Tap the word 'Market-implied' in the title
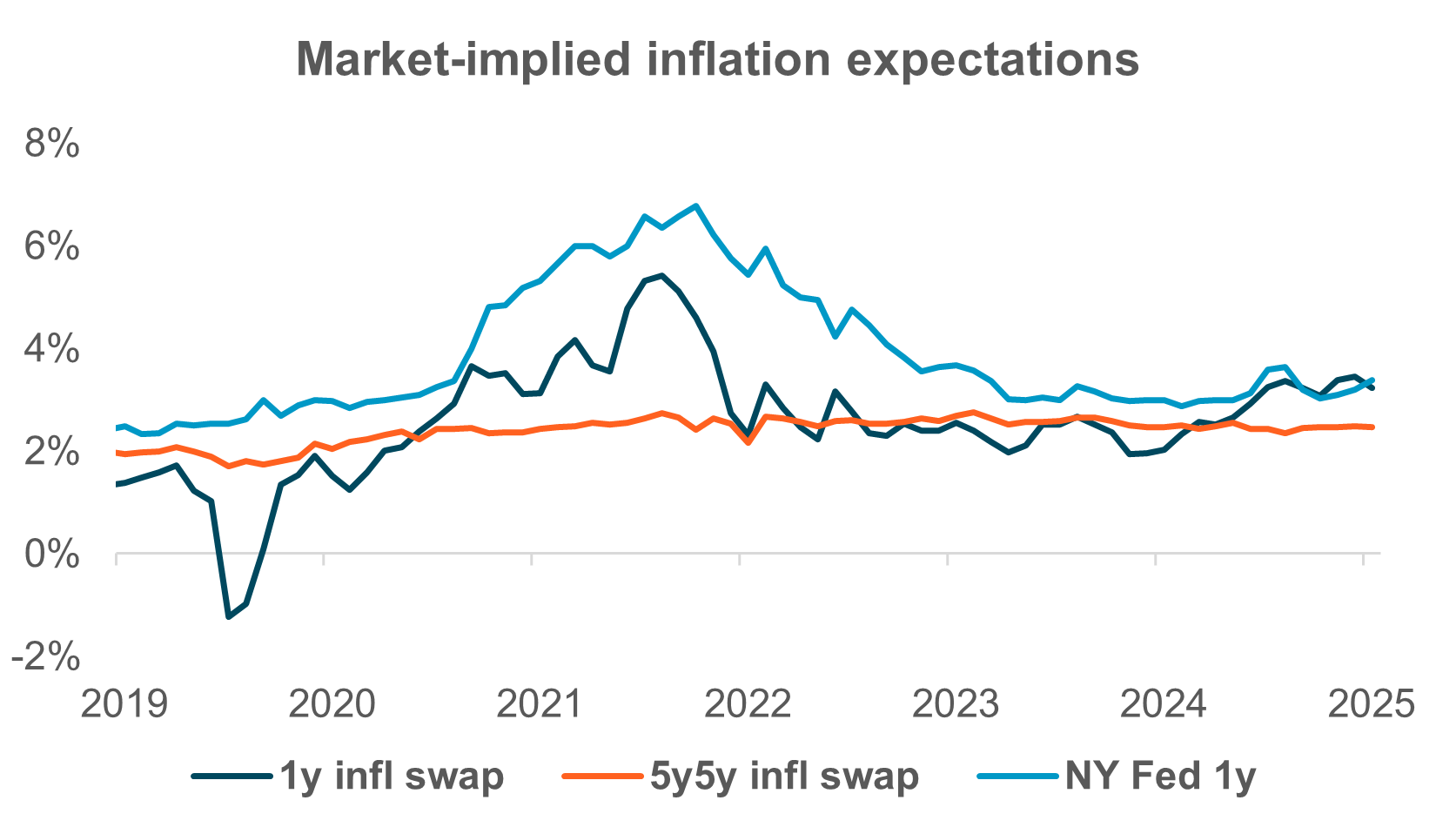[x=462, y=59]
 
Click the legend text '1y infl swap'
[x=391, y=776]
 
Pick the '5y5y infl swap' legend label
[x=784, y=776]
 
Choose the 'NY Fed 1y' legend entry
[x=1160, y=776]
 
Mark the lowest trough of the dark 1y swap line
[x=228, y=617]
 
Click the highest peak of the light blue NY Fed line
[x=695, y=206]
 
